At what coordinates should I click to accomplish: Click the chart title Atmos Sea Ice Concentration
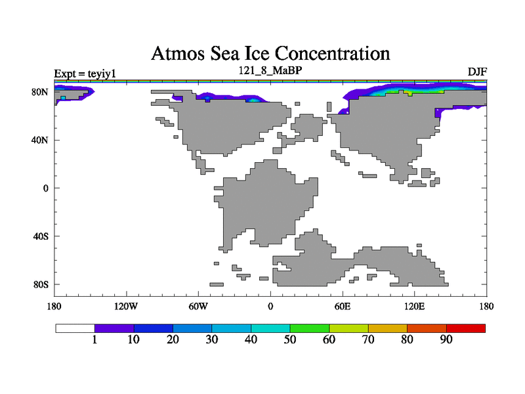270,53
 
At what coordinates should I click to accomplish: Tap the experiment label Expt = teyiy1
85,74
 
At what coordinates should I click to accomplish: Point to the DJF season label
477,71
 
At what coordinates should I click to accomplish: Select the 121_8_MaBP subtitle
270,69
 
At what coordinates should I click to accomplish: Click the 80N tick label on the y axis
41,92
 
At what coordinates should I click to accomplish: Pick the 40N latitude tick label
41,140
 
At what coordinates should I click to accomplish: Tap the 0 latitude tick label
45,188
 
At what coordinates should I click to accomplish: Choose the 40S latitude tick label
41,236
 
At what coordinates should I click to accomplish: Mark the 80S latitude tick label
41,284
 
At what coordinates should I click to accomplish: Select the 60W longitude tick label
199,306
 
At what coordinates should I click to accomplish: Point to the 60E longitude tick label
342,306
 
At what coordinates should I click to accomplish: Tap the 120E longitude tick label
414,306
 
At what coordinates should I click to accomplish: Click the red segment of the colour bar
466,328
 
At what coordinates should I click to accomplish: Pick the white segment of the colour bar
75,328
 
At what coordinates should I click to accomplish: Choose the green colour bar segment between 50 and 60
310,328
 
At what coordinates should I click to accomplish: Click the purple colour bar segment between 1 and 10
114,328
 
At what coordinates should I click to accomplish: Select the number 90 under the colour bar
446,339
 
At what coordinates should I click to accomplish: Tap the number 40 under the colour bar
251,339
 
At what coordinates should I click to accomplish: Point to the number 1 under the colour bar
94,339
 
